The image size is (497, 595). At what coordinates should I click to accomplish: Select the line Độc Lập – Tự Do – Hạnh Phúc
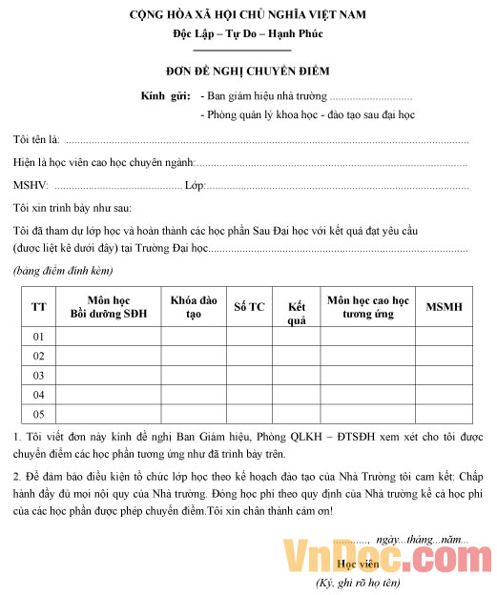pyautogui.click(x=248, y=33)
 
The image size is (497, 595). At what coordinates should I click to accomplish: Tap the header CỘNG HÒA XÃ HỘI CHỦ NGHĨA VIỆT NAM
pyautogui.click(x=248, y=15)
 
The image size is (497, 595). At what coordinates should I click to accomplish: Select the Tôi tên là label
pyautogui.click(x=36, y=140)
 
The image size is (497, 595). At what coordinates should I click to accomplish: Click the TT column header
pyautogui.click(x=39, y=306)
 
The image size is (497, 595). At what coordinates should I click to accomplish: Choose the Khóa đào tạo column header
pyautogui.click(x=194, y=306)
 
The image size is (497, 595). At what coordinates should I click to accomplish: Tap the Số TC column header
pyautogui.click(x=249, y=307)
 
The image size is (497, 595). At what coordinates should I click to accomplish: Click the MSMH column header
pyautogui.click(x=444, y=307)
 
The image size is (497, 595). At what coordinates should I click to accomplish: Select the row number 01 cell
pyautogui.click(x=39, y=337)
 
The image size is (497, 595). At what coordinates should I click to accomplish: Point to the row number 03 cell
pyautogui.click(x=39, y=375)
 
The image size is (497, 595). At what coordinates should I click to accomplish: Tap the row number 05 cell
pyautogui.click(x=39, y=414)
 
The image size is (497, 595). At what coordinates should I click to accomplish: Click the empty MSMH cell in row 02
pyautogui.click(x=444, y=356)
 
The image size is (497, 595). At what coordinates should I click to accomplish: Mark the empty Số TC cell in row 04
pyautogui.click(x=249, y=394)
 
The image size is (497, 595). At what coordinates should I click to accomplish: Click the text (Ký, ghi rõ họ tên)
pyautogui.click(x=358, y=582)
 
